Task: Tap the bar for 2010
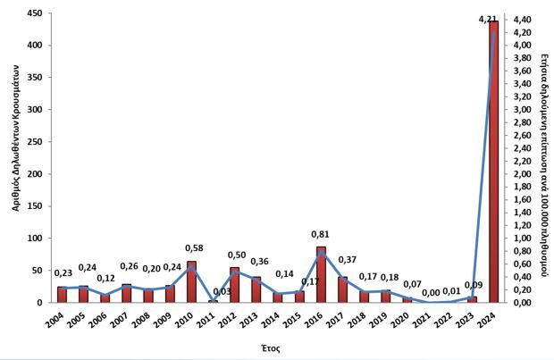coord(191,282)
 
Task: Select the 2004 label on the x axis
coord(56,320)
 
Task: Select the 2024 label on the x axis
coord(489,320)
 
